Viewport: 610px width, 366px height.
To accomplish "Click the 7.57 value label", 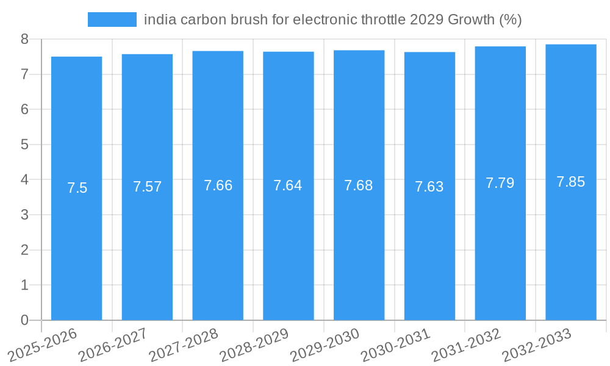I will (x=147, y=187).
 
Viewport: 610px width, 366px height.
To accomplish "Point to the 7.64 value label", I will (x=288, y=185).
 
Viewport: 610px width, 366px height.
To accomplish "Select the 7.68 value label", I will (x=359, y=185).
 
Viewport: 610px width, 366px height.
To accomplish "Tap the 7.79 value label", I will (x=500, y=182).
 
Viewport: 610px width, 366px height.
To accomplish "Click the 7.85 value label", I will (x=571, y=181).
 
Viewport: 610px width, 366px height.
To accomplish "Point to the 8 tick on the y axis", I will (x=24, y=39).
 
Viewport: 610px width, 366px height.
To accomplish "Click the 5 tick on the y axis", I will (x=24, y=145).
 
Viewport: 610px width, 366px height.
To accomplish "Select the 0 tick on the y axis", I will (x=24, y=320).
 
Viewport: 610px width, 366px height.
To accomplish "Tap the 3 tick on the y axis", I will (x=24, y=215).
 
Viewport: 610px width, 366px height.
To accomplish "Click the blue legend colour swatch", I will (x=112, y=20).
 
